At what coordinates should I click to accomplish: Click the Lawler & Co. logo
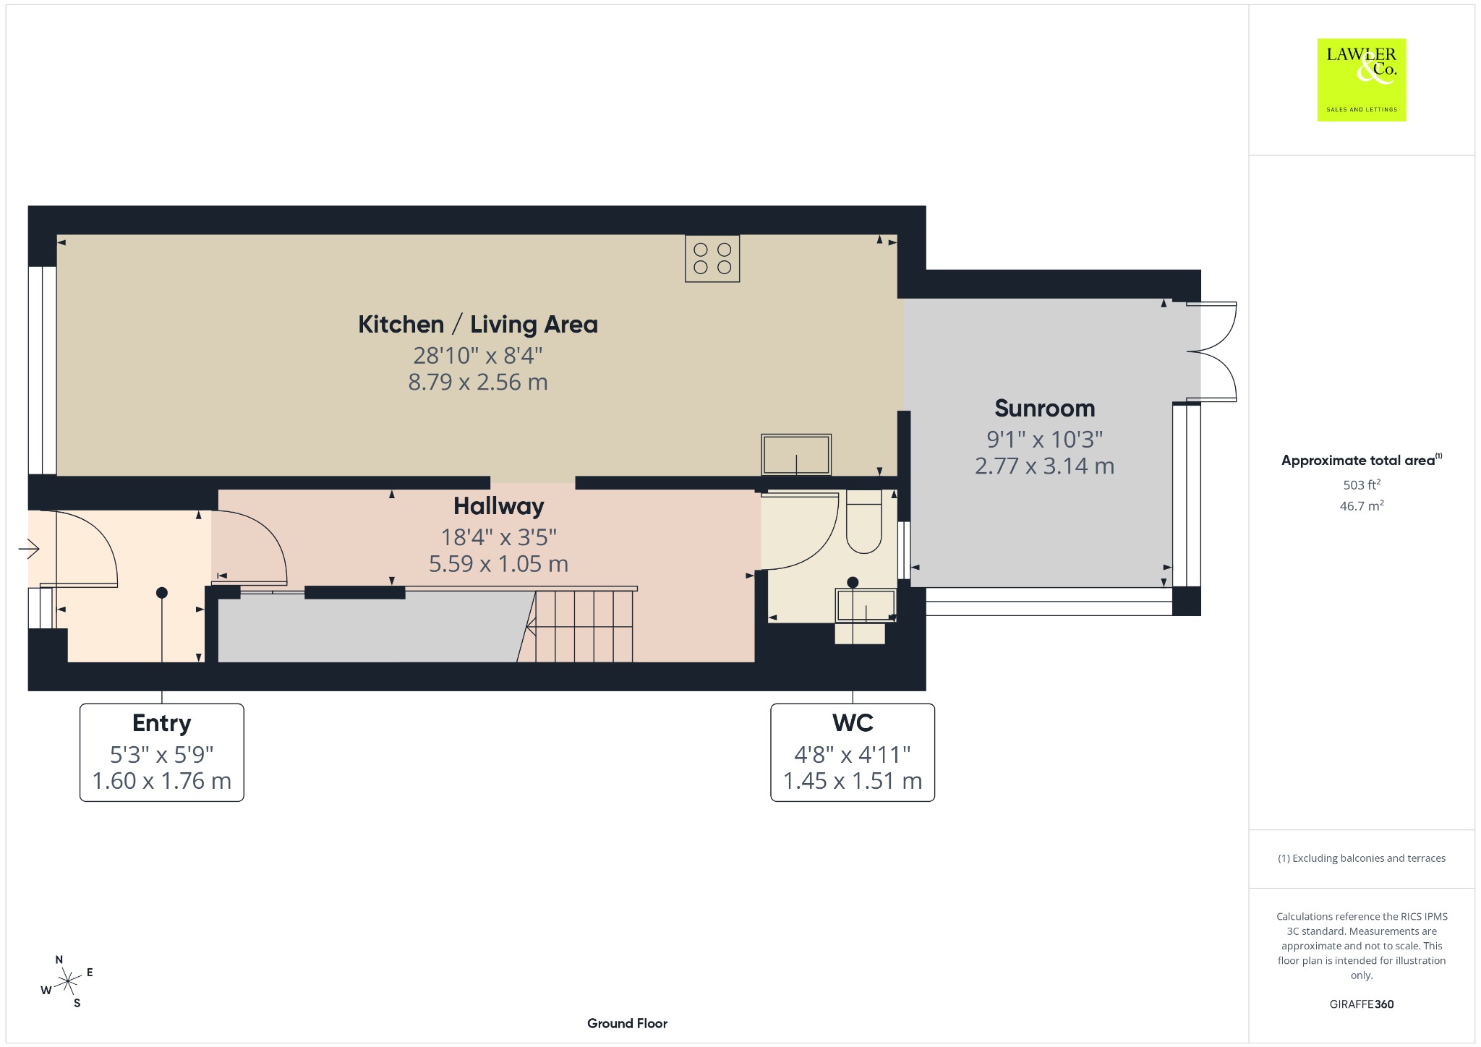(x=1361, y=80)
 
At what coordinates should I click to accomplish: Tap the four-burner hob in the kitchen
(x=712, y=258)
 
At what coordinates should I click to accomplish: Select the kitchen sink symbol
(x=795, y=454)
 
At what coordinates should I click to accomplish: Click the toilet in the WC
(x=863, y=521)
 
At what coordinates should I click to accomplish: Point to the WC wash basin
(x=865, y=605)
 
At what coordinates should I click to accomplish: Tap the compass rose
(x=67, y=981)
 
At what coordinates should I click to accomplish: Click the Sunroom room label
(x=1044, y=409)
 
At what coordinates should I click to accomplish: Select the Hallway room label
(x=498, y=506)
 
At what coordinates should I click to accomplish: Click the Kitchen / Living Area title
(x=478, y=324)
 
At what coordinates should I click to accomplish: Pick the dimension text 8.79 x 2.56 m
(x=478, y=382)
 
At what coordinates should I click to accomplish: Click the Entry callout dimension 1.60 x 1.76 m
(x=161, y=781)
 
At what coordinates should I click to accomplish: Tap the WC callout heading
(x=853, y=722)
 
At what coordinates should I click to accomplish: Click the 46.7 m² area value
(x=1362, y=505)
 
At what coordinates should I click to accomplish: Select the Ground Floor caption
(x=627, y=1023)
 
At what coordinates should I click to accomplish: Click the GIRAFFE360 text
(x=1362, y=1004)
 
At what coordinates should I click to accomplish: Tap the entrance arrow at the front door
(x=29, y=550)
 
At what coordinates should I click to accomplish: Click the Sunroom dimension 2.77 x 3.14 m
(x=1044, y=466)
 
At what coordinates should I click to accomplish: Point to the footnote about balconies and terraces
(x=1362, y=858)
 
